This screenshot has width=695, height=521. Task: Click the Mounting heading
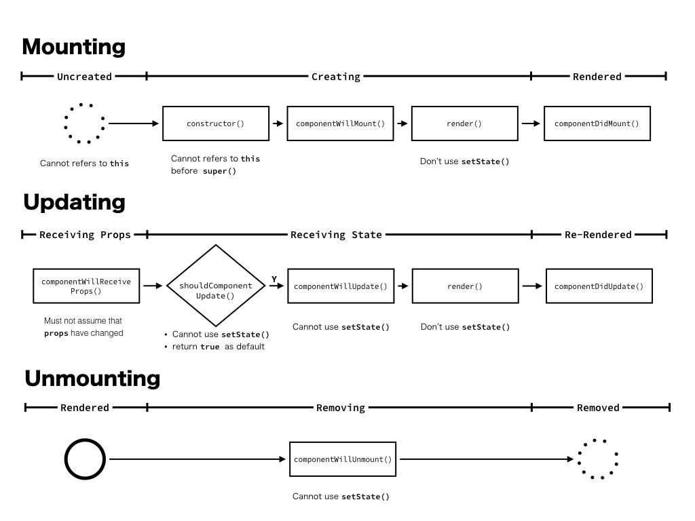click(73, 47)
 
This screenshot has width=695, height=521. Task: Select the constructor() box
click(215, 123)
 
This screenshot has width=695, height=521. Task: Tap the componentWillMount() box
click(340, 123)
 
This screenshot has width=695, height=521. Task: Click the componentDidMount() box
click(597, 123)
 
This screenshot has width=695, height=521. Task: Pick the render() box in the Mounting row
click(464, 123)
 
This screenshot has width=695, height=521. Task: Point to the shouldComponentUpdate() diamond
click(215, 286)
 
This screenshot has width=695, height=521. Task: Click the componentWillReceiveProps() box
click(86, 286)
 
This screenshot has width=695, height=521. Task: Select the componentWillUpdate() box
click(340, 286)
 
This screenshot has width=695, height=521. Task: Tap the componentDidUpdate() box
click(599, 286)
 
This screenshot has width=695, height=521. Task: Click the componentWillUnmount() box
click(343, 459)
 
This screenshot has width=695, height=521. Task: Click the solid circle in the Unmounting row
click(85, 460)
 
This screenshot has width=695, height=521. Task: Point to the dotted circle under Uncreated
click(84, 123)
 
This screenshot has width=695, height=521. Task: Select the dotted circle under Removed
click(598, 459)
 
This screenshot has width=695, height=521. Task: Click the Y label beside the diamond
click(274, 279)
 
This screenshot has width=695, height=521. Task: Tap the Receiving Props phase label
click(85, 235)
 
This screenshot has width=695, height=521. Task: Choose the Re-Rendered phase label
click(598, 235)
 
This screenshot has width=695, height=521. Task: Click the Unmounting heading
click(92, 379)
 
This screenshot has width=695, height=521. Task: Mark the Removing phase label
click(341, 408)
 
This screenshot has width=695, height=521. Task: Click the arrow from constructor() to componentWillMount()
click(278, 123)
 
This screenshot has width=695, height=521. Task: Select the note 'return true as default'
click(218, 347)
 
